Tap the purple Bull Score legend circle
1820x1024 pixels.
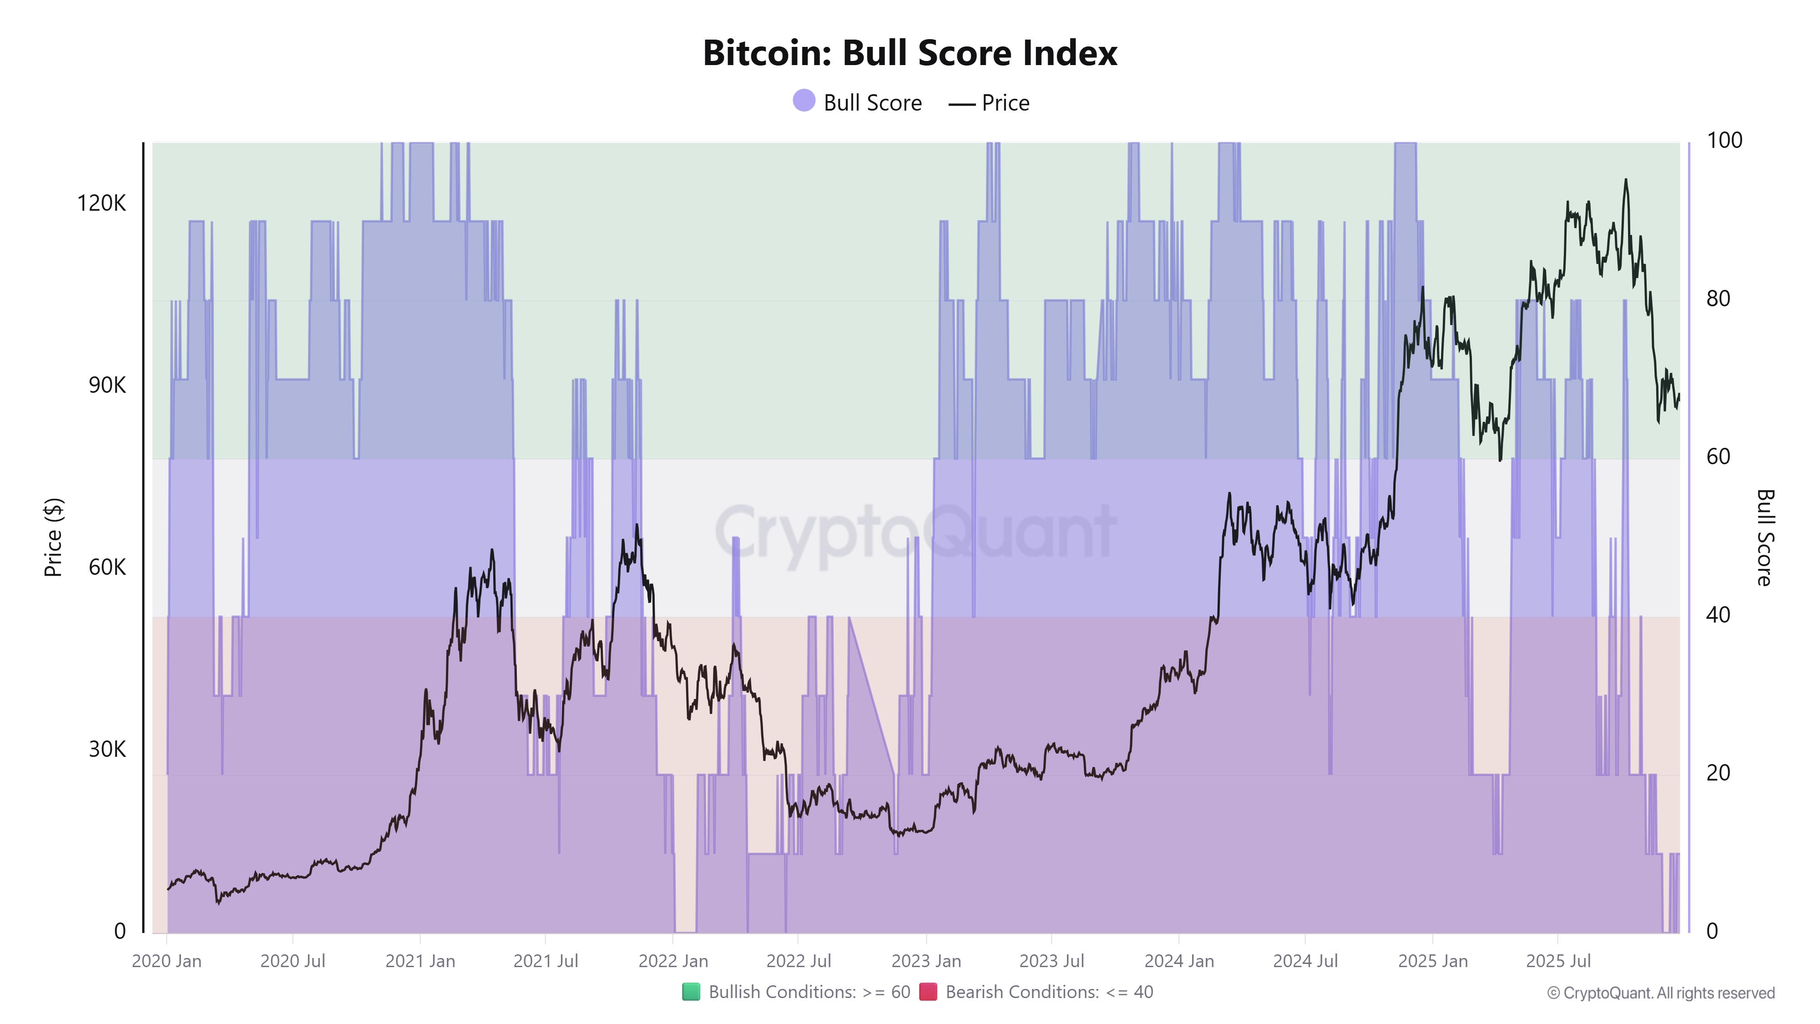point(804,101)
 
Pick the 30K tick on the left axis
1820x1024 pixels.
point(106,749)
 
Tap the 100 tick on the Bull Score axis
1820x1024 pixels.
point(1724,141)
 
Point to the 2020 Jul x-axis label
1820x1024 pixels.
point(293,961)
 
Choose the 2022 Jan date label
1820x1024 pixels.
point(672,961)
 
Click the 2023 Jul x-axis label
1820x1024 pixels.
point(1052,961)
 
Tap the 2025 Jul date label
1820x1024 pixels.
point(1558,961)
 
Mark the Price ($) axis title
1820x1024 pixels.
point(53,537)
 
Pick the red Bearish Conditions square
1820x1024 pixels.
point(928,992)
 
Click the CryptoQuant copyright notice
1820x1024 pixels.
point(1660,993)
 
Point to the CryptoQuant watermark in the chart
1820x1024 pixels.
point(915,532)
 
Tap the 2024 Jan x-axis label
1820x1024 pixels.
point(1178,961)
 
